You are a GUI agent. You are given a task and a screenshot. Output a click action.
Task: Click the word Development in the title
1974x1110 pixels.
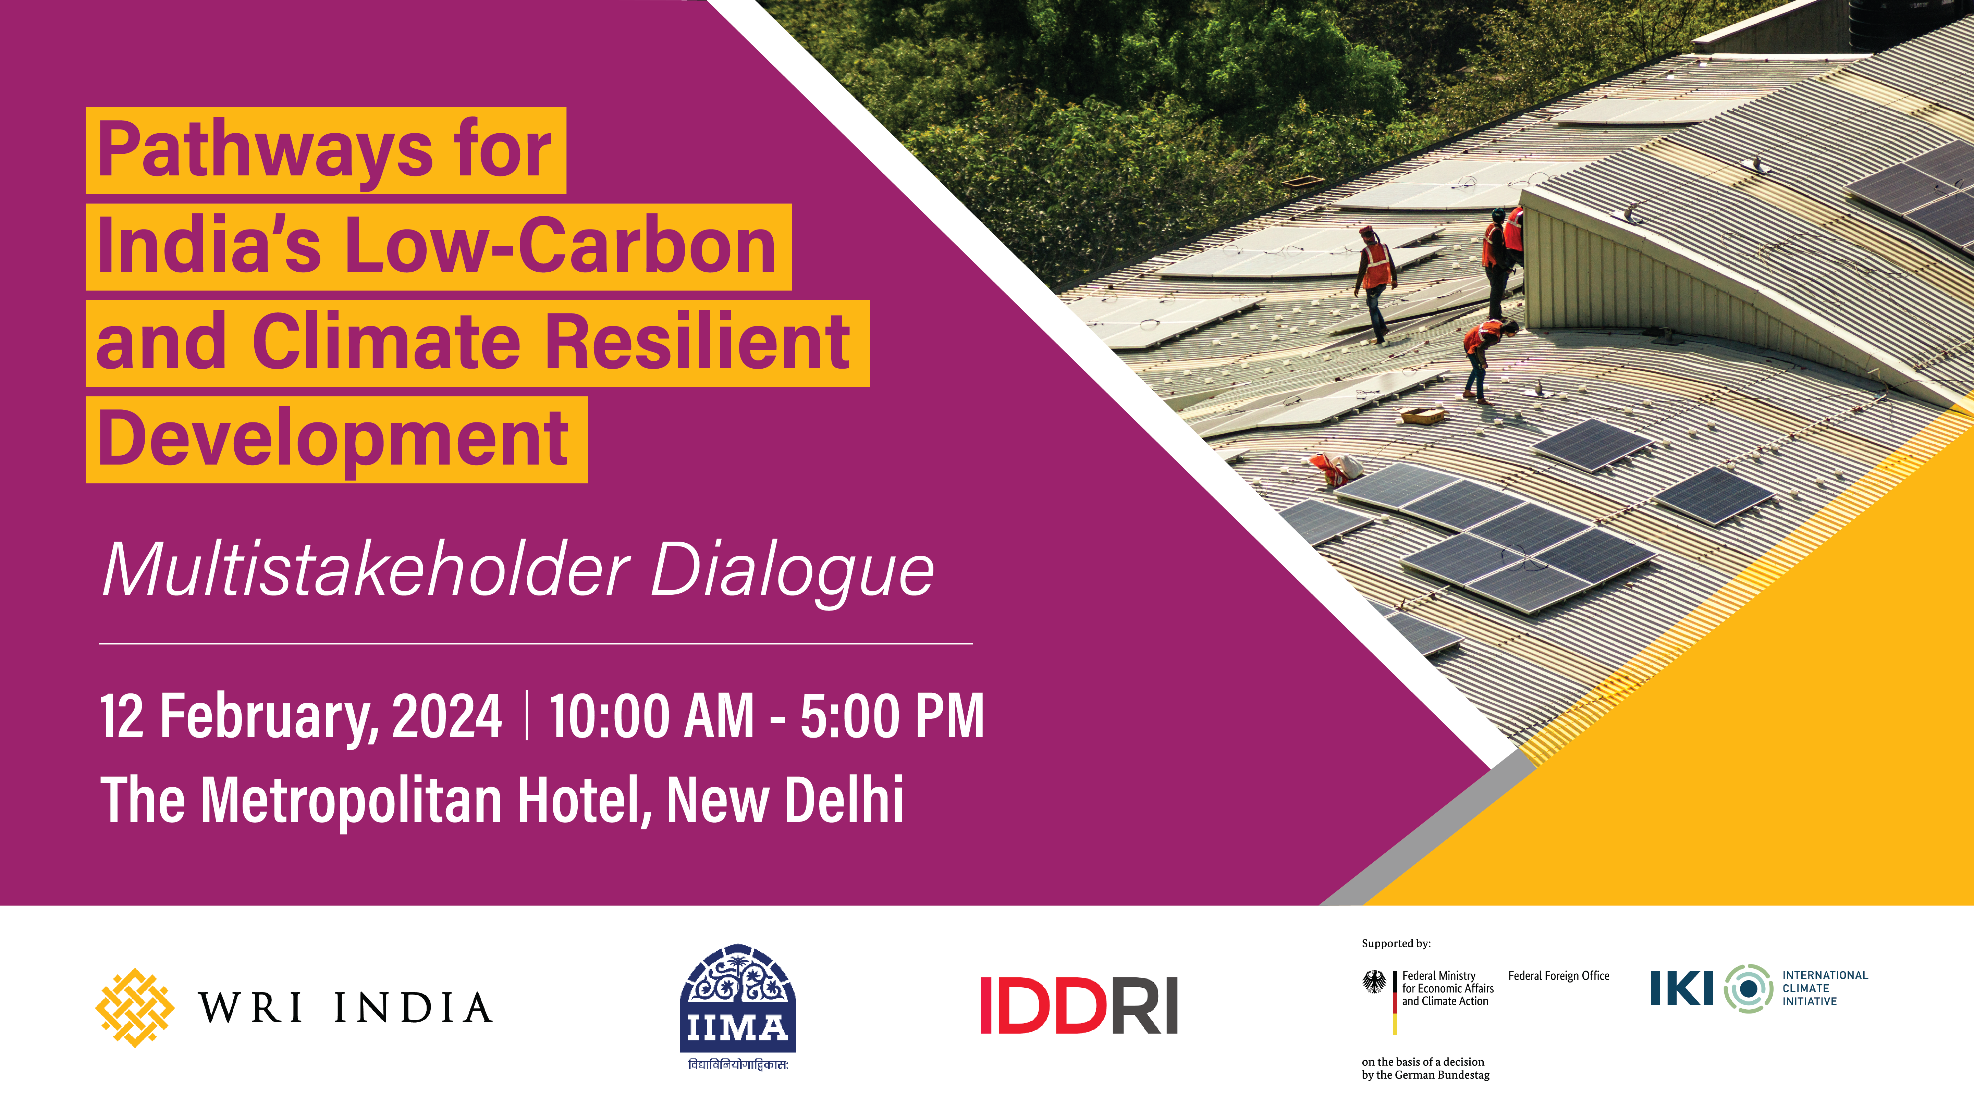(333, 439)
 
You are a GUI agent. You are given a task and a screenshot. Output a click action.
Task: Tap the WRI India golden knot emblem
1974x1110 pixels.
(135, 1007)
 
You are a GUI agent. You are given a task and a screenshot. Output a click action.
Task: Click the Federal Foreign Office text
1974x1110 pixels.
(1559, 976)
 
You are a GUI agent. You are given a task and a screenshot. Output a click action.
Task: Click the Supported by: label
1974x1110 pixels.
(1396, 944)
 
